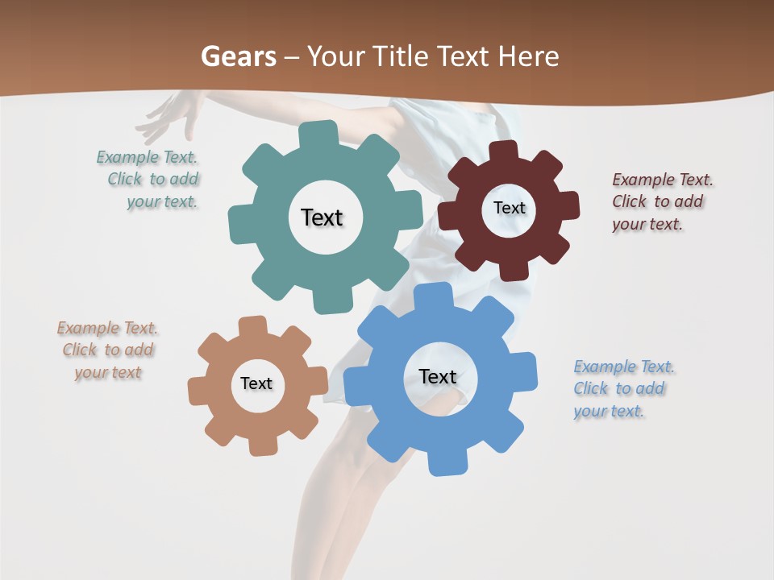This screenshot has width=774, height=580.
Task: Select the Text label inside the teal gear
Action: point(322,217)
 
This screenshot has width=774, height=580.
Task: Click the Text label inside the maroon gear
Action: point(509,208)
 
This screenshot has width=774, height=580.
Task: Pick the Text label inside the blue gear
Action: point(438,376)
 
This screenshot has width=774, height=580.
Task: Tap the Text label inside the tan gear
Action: point(256,383)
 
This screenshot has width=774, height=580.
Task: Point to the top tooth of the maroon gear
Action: point(504,151)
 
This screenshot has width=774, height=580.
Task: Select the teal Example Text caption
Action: point(148,180)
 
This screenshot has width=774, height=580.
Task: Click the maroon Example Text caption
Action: point(661,201)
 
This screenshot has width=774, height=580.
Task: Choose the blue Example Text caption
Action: point(623,388)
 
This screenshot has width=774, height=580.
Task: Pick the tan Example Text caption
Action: point(107,350)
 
